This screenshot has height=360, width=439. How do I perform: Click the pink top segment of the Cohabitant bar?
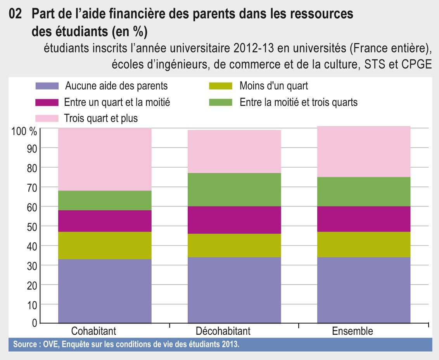[105, 159]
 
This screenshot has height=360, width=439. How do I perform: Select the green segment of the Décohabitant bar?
[234, 189]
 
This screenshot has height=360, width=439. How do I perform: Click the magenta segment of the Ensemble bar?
[364, 219]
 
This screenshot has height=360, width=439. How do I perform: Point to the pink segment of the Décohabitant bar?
[234, 151]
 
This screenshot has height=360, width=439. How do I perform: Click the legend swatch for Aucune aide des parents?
[47, 86]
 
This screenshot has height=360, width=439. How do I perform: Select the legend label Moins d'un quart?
[274, 86]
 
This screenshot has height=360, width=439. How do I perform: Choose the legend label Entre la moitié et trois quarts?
[299, 102]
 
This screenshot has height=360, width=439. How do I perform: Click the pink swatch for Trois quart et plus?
[47, 118]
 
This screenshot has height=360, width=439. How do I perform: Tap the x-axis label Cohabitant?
[94, 331]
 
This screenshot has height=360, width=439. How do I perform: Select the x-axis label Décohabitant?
[223, 331]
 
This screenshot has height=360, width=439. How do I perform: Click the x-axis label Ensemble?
[353, 331]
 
